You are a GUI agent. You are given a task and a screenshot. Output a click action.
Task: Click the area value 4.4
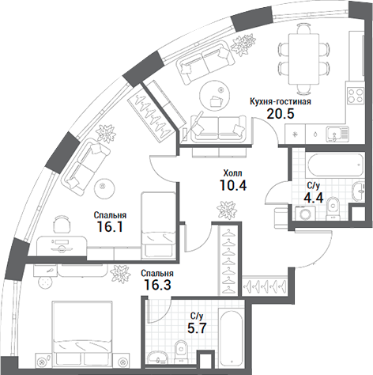pos(313,199)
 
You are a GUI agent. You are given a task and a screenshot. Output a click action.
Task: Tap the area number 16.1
pos(110,228)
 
